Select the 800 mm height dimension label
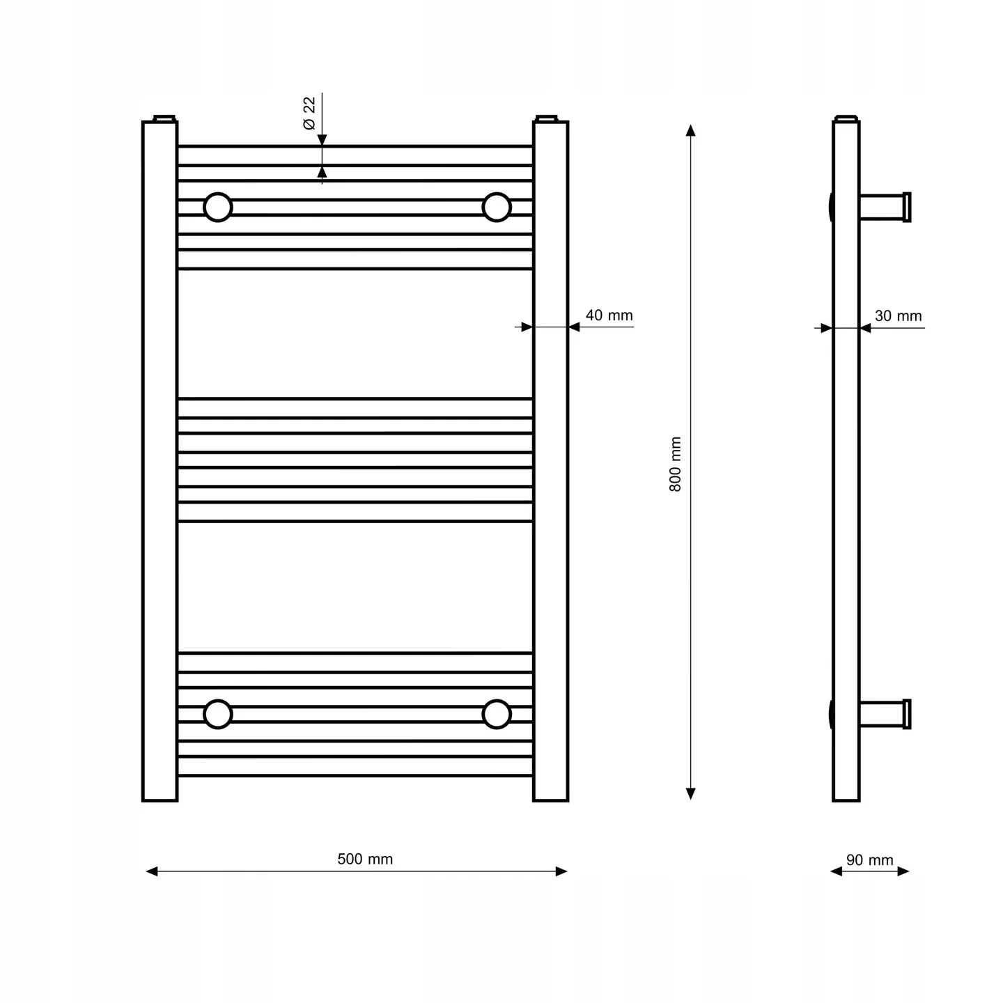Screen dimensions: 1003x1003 pos(675,465)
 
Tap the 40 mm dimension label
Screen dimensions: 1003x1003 pos(609,315)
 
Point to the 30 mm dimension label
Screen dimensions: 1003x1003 pos(898,316)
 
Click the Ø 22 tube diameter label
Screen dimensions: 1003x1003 pos(309,113)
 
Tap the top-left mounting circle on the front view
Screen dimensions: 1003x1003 pos(217,207)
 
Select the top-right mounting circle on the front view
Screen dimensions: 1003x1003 pos(497,207)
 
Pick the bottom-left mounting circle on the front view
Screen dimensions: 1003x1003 pos(217,714)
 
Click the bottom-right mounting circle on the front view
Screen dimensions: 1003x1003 pos(497,714)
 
